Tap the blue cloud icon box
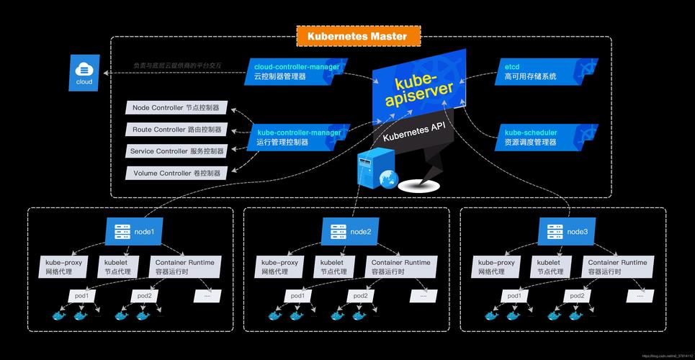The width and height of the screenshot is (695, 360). tap(84, 73)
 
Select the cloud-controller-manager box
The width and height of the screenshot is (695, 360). tap(295, 71)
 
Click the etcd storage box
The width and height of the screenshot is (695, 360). tap(533, 71)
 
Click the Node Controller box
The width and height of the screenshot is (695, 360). tap(176, 108)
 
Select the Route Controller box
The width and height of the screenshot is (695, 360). tap(176, 130)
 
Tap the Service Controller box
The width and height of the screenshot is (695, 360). tap(176, 151)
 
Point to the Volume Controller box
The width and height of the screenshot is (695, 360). tap(176, 173)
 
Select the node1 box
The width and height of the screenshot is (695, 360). tap(135, 232)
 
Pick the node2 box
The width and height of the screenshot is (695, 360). tap(351, 232)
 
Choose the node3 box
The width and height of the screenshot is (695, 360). tap(568, 232)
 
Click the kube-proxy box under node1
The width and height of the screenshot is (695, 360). tap(64, 267)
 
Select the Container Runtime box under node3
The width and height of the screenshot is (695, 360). tap(617, 267)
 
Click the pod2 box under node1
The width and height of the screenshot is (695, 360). tap(145, 296)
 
